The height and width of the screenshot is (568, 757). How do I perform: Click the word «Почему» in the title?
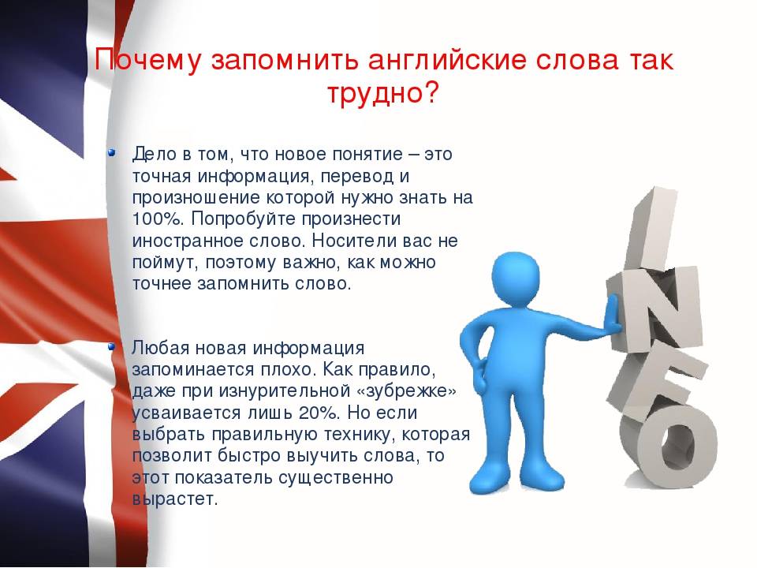(x=147, y=61)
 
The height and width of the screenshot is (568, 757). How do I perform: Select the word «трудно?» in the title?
(x=382, y=93)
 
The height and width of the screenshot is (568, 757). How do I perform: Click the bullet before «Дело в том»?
(x=111, y=152)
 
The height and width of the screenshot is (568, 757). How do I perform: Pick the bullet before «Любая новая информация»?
(x=111, y=346)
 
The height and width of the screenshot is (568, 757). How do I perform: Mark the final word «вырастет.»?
(x=175, y=499)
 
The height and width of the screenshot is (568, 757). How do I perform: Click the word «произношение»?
(x=196, y=197)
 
